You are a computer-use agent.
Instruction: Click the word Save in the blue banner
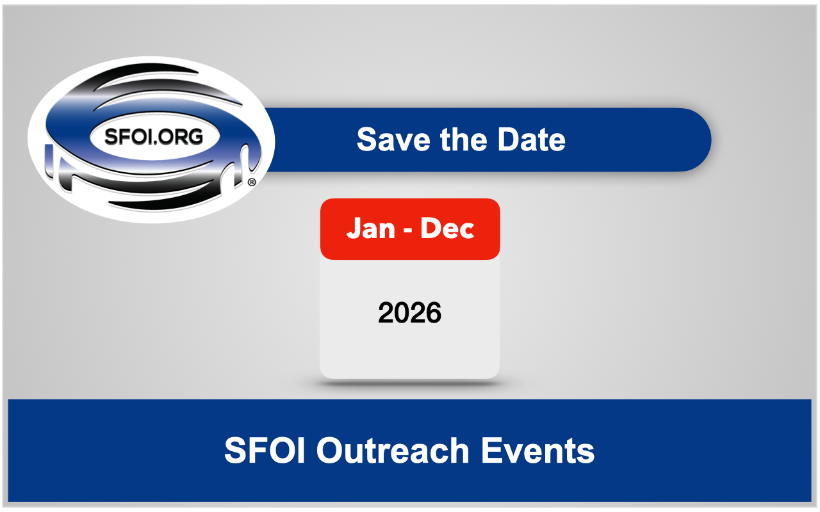point(393,140)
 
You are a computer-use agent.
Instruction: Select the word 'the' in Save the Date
point(463,140)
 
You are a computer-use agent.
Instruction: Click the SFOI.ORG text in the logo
point(153,136)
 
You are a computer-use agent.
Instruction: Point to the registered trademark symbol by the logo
point(252,182)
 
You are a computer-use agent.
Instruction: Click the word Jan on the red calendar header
point(370,228)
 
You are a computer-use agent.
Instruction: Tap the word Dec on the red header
point(447,228)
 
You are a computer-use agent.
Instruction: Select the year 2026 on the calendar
point(409,313)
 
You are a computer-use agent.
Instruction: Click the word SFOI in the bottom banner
point(265,451)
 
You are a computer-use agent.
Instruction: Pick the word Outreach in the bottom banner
point(393,451)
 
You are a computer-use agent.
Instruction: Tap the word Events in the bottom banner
point(537,451)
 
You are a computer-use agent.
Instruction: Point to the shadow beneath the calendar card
point(409,383)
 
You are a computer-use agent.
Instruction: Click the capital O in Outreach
point(330,451)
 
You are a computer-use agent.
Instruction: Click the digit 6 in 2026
point(434,313)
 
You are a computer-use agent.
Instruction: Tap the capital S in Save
point(367,140)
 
